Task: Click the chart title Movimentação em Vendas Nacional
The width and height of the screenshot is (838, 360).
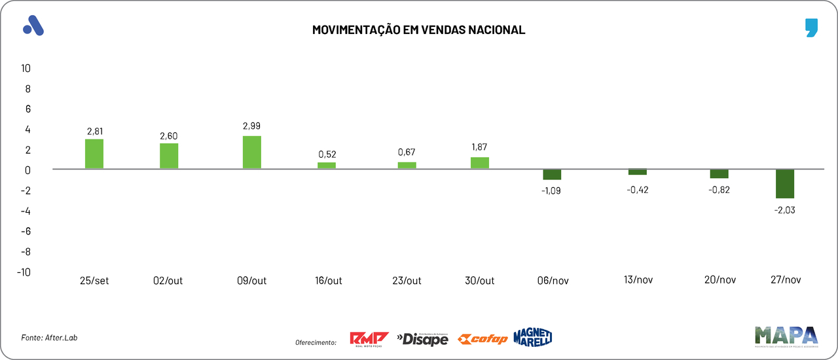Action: (418, 30)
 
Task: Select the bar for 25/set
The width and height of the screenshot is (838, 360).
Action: (94, 154)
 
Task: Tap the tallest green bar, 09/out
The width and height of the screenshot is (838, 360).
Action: (252, 153)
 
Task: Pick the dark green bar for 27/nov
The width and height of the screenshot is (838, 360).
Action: (785, 184)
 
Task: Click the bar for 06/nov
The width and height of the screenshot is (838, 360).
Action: (552, 175)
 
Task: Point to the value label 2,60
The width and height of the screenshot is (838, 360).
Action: (169, 136)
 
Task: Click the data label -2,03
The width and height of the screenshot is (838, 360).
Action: (785, 210)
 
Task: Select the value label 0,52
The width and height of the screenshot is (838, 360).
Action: (327, 154)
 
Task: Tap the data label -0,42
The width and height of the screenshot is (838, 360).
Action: (638, 190)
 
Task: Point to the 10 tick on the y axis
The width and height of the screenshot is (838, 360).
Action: (26, 68)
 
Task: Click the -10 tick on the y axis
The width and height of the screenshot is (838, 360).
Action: (24, 272)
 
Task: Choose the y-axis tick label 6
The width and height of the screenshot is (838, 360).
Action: (28, 109)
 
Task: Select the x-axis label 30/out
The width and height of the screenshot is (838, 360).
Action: (480, 281)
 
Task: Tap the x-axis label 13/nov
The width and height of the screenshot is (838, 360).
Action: (638, 279)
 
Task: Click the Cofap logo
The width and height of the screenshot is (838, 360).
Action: (482, 339)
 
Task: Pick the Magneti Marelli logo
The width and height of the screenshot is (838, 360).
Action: (533, 337)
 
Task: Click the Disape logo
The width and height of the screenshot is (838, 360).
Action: (422, 339)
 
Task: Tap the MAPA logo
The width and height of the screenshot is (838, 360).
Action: (786, 336)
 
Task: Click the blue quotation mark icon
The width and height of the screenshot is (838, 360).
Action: (812, 28)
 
